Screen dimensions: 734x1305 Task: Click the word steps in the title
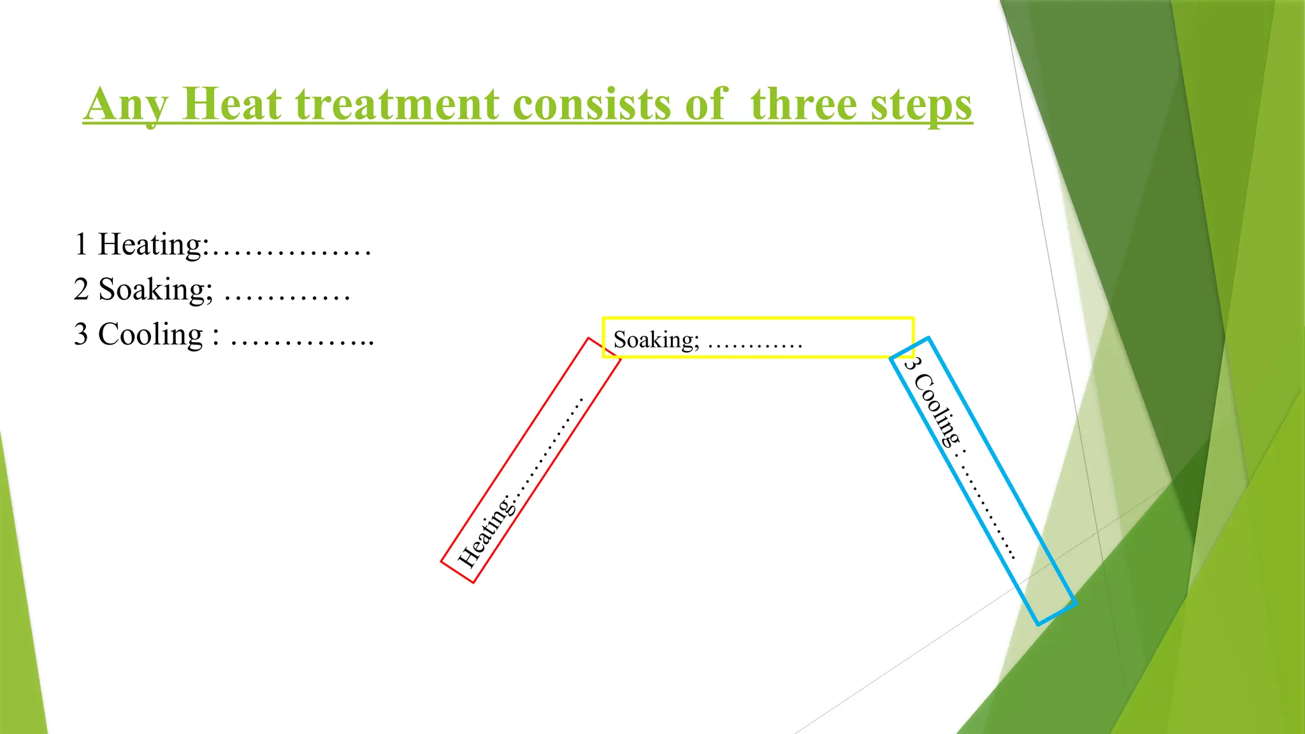(921, 105)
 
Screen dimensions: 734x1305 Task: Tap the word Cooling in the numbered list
(150, 335)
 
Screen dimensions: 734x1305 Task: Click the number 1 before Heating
(81, 245)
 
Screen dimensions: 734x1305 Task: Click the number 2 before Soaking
(81, 290)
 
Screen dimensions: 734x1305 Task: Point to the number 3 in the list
(81, 335)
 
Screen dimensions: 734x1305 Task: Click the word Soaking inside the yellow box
(656, 340)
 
